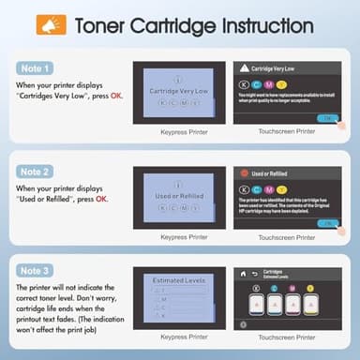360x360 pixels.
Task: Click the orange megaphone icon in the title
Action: tap(45, 25)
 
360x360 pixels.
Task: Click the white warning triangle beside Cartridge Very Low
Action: tap(242, 68)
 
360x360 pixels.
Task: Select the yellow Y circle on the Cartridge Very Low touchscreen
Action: tap(286, 85)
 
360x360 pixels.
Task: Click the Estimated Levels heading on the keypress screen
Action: tap(177, 279)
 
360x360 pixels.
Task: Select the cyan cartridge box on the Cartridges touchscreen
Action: tap(250, 305)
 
